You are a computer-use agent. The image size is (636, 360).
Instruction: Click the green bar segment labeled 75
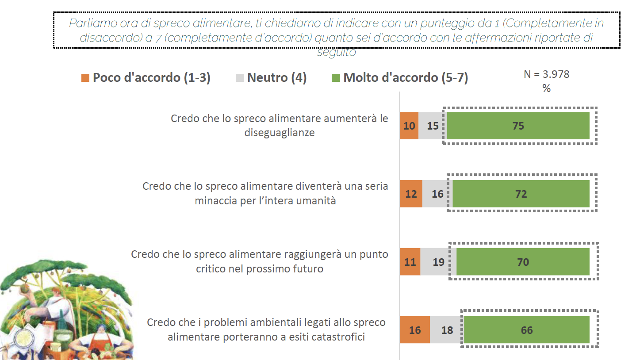coord(518,126)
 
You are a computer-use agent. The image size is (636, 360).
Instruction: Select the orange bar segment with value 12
coord(411,194)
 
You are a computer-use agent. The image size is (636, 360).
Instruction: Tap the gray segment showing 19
coord(438,262)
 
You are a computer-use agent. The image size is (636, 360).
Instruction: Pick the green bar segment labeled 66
coord(526,330)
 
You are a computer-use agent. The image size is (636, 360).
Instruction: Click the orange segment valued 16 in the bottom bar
coord(415,330)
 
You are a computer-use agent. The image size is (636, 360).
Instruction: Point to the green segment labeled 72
coord(521,194)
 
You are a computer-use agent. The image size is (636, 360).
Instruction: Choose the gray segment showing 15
coord(433,126)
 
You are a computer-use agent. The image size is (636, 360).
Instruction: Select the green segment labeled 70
coord(523,262)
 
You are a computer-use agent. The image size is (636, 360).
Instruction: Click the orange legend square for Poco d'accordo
coord(85,78)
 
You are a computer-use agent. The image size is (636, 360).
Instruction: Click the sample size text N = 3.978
coord(547,74)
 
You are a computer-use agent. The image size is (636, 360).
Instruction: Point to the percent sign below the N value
coord(547,88)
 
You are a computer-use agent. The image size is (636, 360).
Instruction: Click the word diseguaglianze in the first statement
coord(280,133)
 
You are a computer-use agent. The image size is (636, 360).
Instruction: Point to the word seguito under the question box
coord(336,53)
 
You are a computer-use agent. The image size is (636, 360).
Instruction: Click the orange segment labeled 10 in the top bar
coord(409,126)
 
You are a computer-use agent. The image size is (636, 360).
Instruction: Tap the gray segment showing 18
coord(447,330)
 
